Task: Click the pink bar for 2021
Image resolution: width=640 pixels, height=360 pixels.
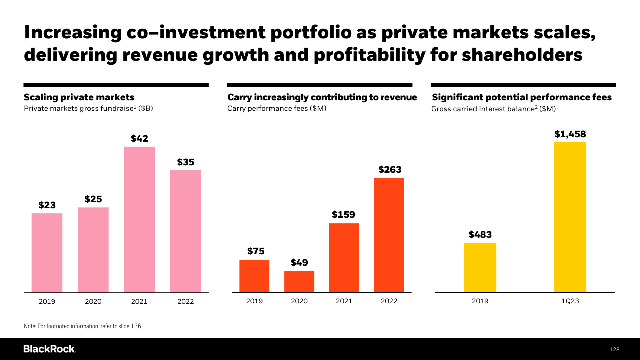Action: (x=139, y=219)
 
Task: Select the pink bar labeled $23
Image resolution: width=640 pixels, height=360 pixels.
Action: (x=47, y=253)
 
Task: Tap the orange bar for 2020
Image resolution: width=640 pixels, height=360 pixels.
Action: (x=299, y=282)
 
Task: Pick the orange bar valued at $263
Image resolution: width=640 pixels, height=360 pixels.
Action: (x=389, y=235)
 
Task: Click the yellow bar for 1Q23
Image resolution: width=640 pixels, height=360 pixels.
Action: (x=570, y=217)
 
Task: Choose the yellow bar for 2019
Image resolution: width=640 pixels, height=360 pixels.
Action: (x=480, y=267)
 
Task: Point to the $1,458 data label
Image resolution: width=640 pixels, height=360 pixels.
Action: (x=570, y=134)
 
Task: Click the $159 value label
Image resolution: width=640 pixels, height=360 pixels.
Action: (x=344, y=215)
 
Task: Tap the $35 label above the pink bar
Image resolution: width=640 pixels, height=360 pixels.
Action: (x=185, y=162)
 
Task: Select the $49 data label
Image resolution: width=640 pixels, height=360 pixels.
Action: (x=299, y=263)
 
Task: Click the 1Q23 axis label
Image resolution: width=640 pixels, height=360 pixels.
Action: (x=570, y=301)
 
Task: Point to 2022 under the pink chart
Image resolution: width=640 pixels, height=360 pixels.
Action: (x=185, y=302)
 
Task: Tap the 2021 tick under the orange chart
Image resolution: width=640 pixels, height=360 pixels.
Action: (x=344, y=301)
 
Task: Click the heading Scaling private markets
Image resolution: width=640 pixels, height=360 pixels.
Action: (x=79, y=97)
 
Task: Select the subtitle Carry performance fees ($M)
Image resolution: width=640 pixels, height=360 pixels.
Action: (x=277, y=108)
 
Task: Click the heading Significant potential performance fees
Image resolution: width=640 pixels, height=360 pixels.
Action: (x=522, y=97)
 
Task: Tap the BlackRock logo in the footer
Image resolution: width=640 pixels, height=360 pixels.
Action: (x=49, y=349)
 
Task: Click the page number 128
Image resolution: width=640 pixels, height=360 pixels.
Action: (x=614, y=349)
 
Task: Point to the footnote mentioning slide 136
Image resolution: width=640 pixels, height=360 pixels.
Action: (x=83, y=326)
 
